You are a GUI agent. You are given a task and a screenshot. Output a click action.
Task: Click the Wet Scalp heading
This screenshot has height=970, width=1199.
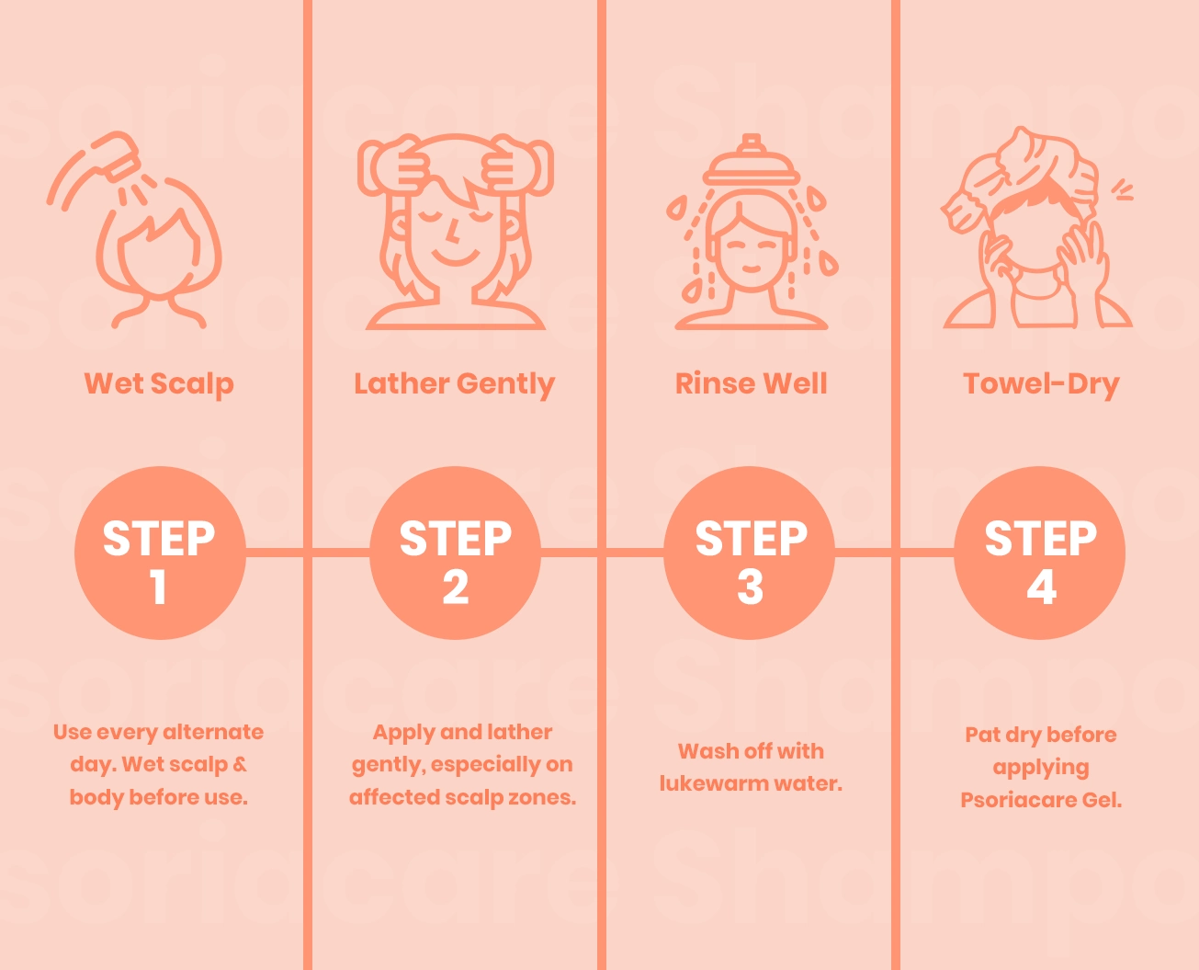pos(159,384)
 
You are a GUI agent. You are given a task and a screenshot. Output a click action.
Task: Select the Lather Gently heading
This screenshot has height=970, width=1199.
pos(454,384)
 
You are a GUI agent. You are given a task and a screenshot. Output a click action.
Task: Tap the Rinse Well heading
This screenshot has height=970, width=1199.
pos(751,383)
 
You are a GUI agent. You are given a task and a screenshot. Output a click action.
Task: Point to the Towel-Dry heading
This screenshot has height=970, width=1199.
pos(1041,384)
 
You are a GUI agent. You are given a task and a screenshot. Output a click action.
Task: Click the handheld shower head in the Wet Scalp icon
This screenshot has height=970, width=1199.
pos(116,154)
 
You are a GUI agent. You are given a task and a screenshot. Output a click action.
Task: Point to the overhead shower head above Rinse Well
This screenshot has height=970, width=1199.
pos(752,161)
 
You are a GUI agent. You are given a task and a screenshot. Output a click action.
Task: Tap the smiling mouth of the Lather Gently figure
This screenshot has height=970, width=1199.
pos(456,258)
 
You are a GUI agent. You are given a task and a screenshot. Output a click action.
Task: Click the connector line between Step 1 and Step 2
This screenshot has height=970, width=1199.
pos(308,553)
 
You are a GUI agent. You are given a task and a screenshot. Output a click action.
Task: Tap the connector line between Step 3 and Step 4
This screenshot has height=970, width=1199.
pos(895,553)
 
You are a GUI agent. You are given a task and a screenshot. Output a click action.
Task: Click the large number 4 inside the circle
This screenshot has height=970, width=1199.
pos(1041,587)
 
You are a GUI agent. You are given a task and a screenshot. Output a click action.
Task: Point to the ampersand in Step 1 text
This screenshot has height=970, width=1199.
pos(239,764)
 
